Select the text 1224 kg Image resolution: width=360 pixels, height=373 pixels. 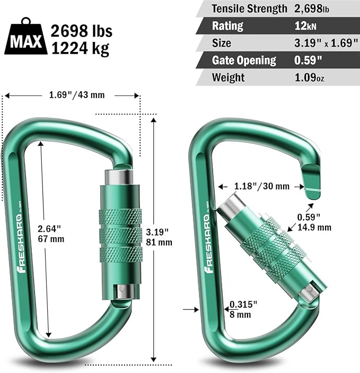coord(80,49)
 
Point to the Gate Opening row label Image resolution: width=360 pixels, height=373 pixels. coord(244,60)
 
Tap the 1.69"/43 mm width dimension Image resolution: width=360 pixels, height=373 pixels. coord(73,96)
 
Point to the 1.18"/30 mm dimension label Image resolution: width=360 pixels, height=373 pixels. coord(261,186)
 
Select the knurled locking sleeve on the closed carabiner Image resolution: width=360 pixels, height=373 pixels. coord(120,233)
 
